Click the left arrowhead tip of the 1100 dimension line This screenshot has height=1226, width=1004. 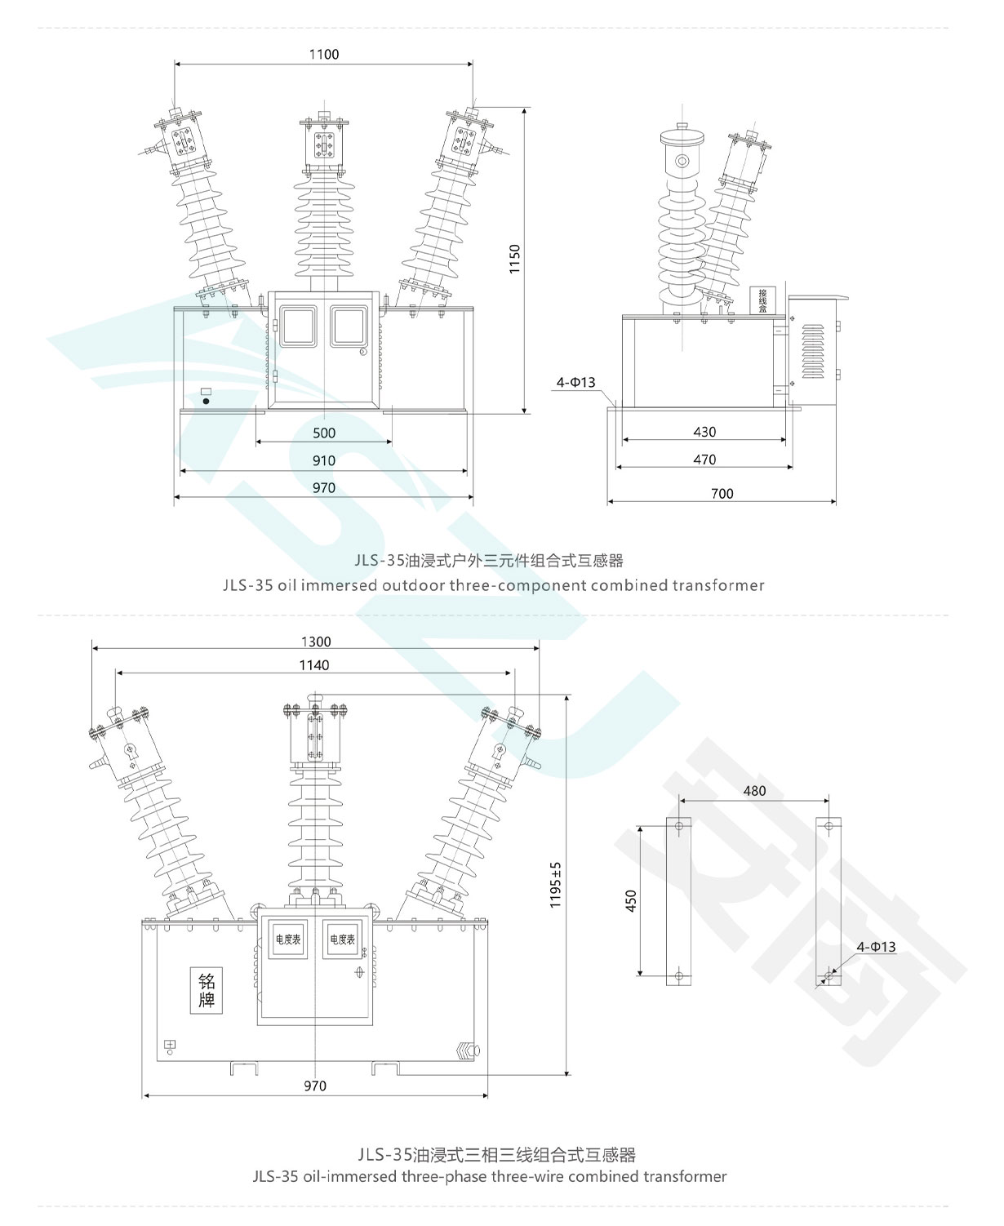click(175, 64)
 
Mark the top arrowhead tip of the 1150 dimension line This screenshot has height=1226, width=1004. click(525, 108)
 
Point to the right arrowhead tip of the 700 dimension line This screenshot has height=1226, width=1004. click(836, 501)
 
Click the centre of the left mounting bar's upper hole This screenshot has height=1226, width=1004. click(678, 826)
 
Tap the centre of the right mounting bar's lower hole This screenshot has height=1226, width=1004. click(829, 975)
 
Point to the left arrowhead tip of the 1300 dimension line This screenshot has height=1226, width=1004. click(92, 648)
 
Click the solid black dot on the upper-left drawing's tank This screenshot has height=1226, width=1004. click(205, 401)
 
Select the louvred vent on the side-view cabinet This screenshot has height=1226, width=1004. click(813, 351)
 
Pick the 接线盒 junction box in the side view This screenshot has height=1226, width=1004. click(762, 300)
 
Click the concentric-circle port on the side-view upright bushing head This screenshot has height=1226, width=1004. click(682, 161)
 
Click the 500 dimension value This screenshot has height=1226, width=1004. click(324, 433)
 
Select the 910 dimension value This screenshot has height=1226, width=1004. click(324, 460)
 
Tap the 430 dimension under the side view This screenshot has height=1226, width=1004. click(704, 432)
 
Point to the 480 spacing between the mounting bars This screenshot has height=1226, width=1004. click(754, 791)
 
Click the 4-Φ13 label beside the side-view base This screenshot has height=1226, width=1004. click(575, 382)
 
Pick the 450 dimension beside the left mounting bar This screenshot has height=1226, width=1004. click(631, 900)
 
